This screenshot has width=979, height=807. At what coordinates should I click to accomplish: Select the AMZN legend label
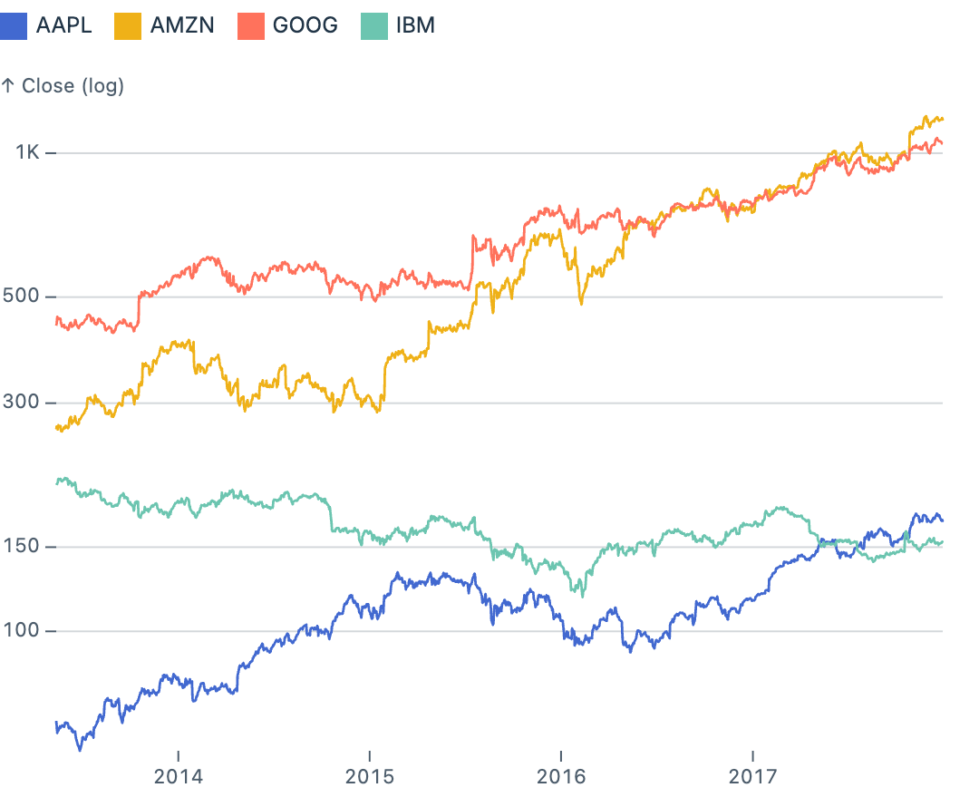[181, 24]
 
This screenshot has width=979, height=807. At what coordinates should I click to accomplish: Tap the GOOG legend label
[305, 24]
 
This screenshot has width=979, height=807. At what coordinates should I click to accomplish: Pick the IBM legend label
[415, 24]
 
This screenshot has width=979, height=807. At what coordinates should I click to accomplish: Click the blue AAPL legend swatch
[14, 24]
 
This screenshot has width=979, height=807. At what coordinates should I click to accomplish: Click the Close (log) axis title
[63, 86]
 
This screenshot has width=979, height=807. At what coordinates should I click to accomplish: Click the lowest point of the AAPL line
[80, 750]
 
